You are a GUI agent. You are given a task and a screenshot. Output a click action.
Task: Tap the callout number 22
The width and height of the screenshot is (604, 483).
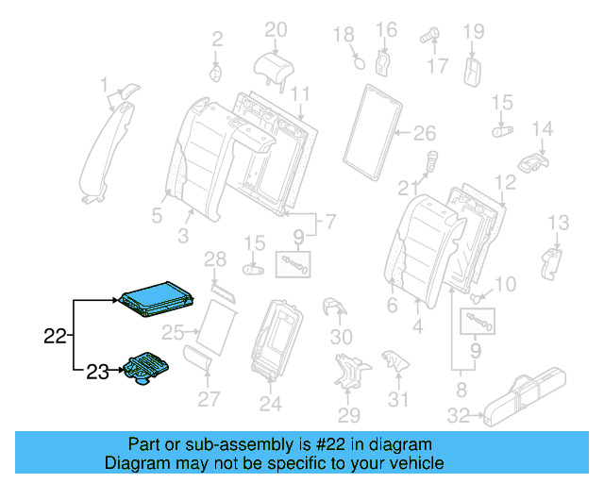pos(56,335)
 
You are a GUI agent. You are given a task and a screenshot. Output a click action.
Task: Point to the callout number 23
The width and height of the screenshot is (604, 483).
pos(97,372)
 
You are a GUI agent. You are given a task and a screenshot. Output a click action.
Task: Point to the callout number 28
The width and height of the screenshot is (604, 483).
pos(215,258)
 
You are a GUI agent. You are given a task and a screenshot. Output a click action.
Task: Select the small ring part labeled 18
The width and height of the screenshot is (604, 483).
pos(359,62)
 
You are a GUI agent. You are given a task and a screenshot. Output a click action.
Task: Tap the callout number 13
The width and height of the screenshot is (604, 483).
pos(559,223)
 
